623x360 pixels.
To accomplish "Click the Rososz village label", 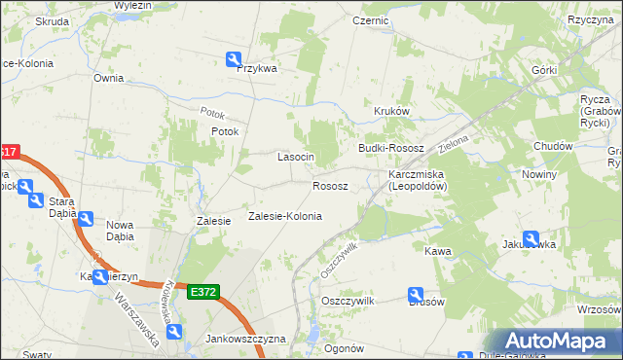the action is [330, 185].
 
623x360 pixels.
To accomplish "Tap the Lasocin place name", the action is [295, 157].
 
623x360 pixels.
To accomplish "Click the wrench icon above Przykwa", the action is [234, 58].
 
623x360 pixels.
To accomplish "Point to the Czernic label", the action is [371, 19].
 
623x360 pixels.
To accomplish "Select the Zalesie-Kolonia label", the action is [284, 216].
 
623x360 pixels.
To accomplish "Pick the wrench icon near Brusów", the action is [415, 294].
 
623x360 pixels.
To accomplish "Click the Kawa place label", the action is [438, 251].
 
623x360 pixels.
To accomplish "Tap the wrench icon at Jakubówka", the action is [531, 237].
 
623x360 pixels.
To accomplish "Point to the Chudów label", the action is [552, 146].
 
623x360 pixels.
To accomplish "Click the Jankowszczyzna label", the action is [245, 339].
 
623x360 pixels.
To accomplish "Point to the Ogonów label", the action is [344, 348].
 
